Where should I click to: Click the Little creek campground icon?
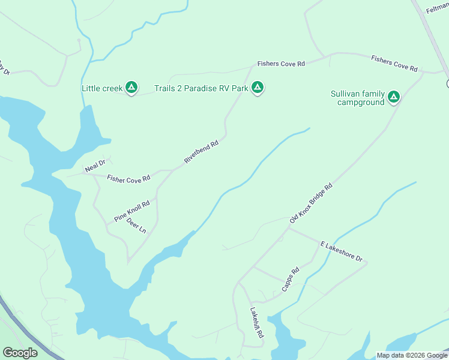tap(132, 88)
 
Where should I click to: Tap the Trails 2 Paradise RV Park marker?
tap(258, 88)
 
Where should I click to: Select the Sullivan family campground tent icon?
tap(394, 97)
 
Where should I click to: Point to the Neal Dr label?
tap(95, 166)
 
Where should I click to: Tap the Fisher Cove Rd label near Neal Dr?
tap(128, 179)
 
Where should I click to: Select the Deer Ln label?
tap(136, 226)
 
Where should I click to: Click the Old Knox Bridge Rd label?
tap(310, 204)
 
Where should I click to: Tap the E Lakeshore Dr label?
tap(342, 252)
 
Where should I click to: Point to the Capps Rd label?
tap(291, 280)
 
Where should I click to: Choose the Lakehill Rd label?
tap(257, 324)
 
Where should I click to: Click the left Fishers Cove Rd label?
tap(281, 63)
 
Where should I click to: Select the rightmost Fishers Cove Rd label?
tap(394, 63)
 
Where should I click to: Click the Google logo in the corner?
tap(20, 353)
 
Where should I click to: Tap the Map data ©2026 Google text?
tap(412, 355)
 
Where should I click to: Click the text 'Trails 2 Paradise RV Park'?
tap(201, 88)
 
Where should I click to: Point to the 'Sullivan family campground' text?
tap(357, 98)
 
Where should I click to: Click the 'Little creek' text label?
tap(102, 88)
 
